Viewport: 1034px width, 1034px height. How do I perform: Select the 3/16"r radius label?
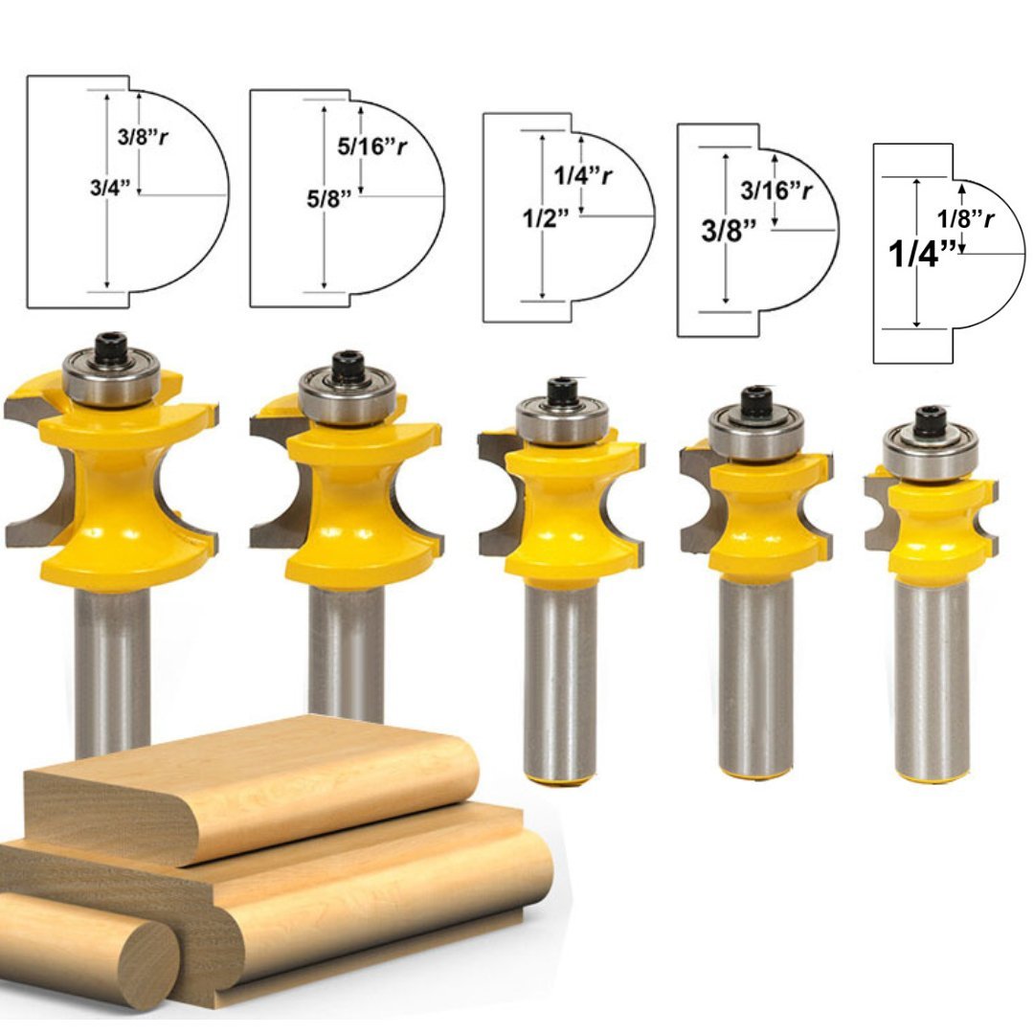[776, 190]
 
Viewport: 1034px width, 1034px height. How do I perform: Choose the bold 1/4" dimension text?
[922, 255]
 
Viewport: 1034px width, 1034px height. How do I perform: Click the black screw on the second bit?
[347, 366]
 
